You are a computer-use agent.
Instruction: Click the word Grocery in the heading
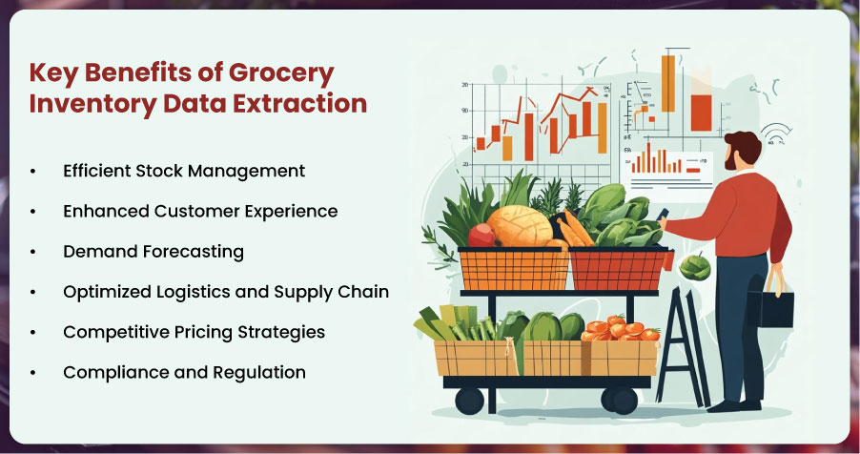[281, 74]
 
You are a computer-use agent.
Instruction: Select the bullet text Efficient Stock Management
[184, 171]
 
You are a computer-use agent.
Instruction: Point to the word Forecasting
[193, 252]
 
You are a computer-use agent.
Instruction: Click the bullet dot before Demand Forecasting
[33, 252]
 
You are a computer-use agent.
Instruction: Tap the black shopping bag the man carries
[771, 308]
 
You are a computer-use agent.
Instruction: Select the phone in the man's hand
[662, 214]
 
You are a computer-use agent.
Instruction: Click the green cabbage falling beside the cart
[695, 267]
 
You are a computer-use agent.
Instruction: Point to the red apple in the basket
[481, 235]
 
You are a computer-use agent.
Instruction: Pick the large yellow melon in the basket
[519, 226]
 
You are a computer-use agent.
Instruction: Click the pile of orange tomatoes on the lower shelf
[620, 328]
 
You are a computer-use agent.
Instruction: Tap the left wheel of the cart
[469, 401]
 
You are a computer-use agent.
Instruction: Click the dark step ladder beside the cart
[683, 347]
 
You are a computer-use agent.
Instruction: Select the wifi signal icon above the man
[776, 133]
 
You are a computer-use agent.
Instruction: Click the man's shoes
[734, 405]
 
